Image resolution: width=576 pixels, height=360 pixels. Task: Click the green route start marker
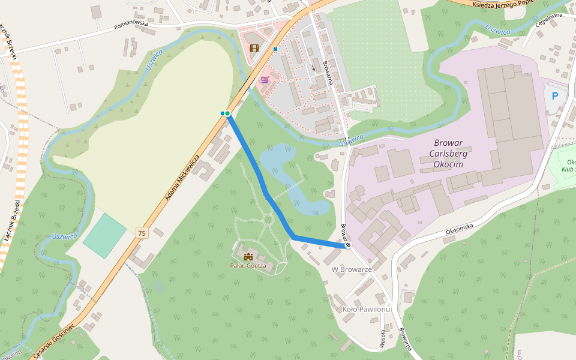pyautogui.click(x=227, y=113)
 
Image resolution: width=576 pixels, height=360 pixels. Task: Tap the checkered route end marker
pyautogui.click(x=347, y=245)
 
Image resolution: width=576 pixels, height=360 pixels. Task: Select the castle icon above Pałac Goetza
pyautogui.click(x=248, y=257)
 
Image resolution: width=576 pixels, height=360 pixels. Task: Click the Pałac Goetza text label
pyautogui.click(x=248, y=265)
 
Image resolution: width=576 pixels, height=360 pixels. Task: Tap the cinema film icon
pyautogui.click(x=254, y=48)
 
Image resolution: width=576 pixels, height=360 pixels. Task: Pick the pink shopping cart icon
pyautogui.click(x=265, y=79)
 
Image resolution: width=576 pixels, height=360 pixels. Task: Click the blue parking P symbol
pyautogui.click(x=555, y=95)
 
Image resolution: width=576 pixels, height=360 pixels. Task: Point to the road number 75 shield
pyautogui.click(x=142, y=232)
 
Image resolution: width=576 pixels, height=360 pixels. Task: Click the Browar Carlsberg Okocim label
pyautogui.click(x=459, y=154)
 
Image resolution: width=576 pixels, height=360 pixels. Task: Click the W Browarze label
pyautogui.click(x=352, y=269)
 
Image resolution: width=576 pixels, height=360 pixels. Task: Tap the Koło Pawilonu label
pyautogui.click(x=366, y=309)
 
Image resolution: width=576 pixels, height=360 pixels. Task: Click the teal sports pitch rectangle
pyautogui.click(x=104, y=236)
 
